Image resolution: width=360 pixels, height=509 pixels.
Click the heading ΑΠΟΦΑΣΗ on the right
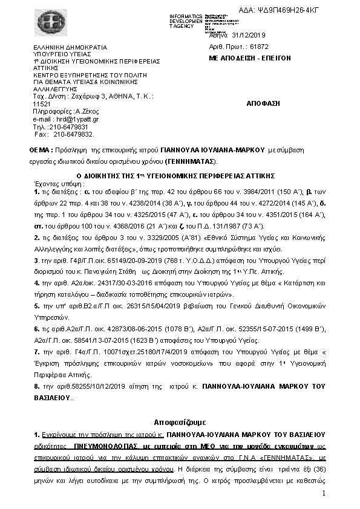click(263, 103)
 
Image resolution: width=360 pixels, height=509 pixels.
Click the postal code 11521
click(42, 104)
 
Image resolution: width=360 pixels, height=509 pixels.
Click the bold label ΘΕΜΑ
click(40, 149)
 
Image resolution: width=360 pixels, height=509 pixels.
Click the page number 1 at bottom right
click(324, 494)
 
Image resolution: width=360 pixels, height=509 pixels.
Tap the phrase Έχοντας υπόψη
click(57, 181)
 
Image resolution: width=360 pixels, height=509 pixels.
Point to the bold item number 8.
click(37, 384)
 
